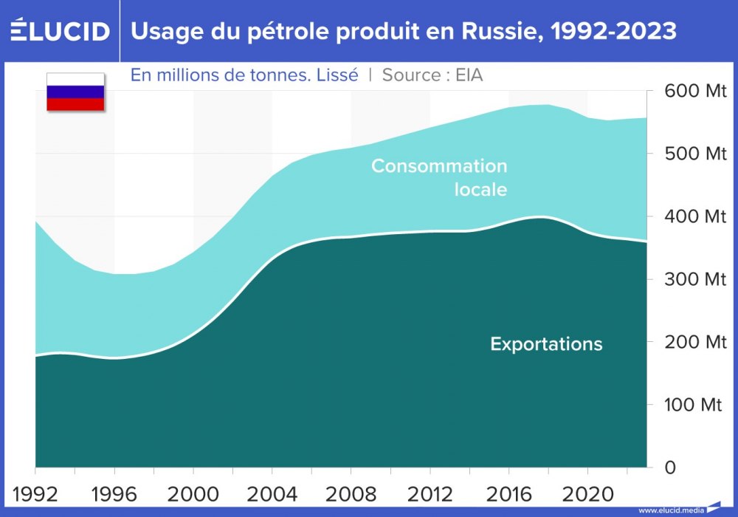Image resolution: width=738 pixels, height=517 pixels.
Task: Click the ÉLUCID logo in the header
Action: [x=61, y=31]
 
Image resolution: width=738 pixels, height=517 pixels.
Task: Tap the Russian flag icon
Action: [x=75, y=92]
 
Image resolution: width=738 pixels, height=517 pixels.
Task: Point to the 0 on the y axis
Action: [x=669, y=468]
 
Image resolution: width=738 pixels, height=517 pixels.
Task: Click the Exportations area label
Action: [x=546, y=344]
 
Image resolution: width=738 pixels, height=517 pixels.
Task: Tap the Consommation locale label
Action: [x=440, y=177]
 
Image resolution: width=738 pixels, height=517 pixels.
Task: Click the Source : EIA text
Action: [x=432, y=75]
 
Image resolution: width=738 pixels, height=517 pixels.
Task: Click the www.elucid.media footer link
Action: [x=670, y=510]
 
